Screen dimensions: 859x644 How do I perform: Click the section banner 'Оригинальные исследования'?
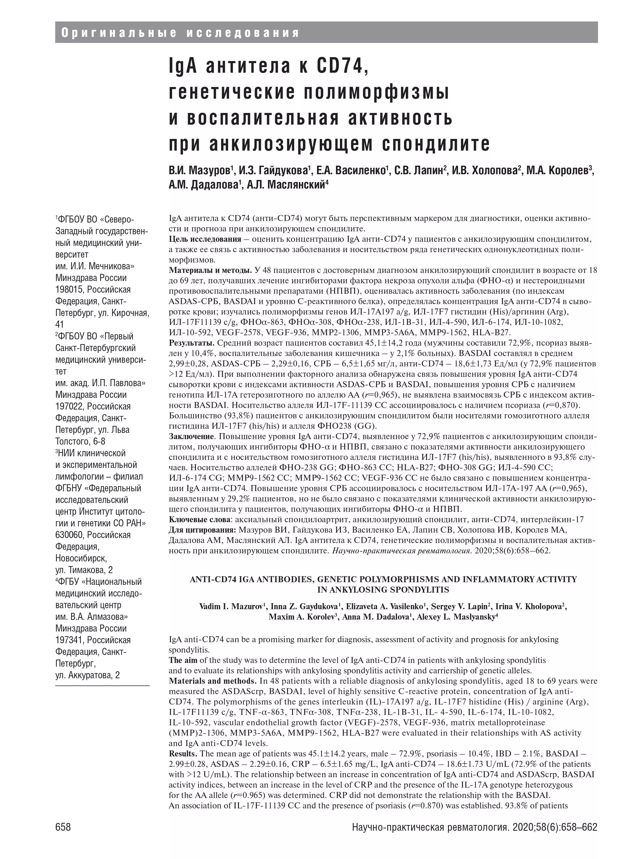pyautogui.click(x=180, y=33)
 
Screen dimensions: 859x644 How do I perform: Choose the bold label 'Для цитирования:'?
pyautogui.click(x=203, y=530)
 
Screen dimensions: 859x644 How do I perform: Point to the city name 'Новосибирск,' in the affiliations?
pyautogui.click(x=81, y=558)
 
